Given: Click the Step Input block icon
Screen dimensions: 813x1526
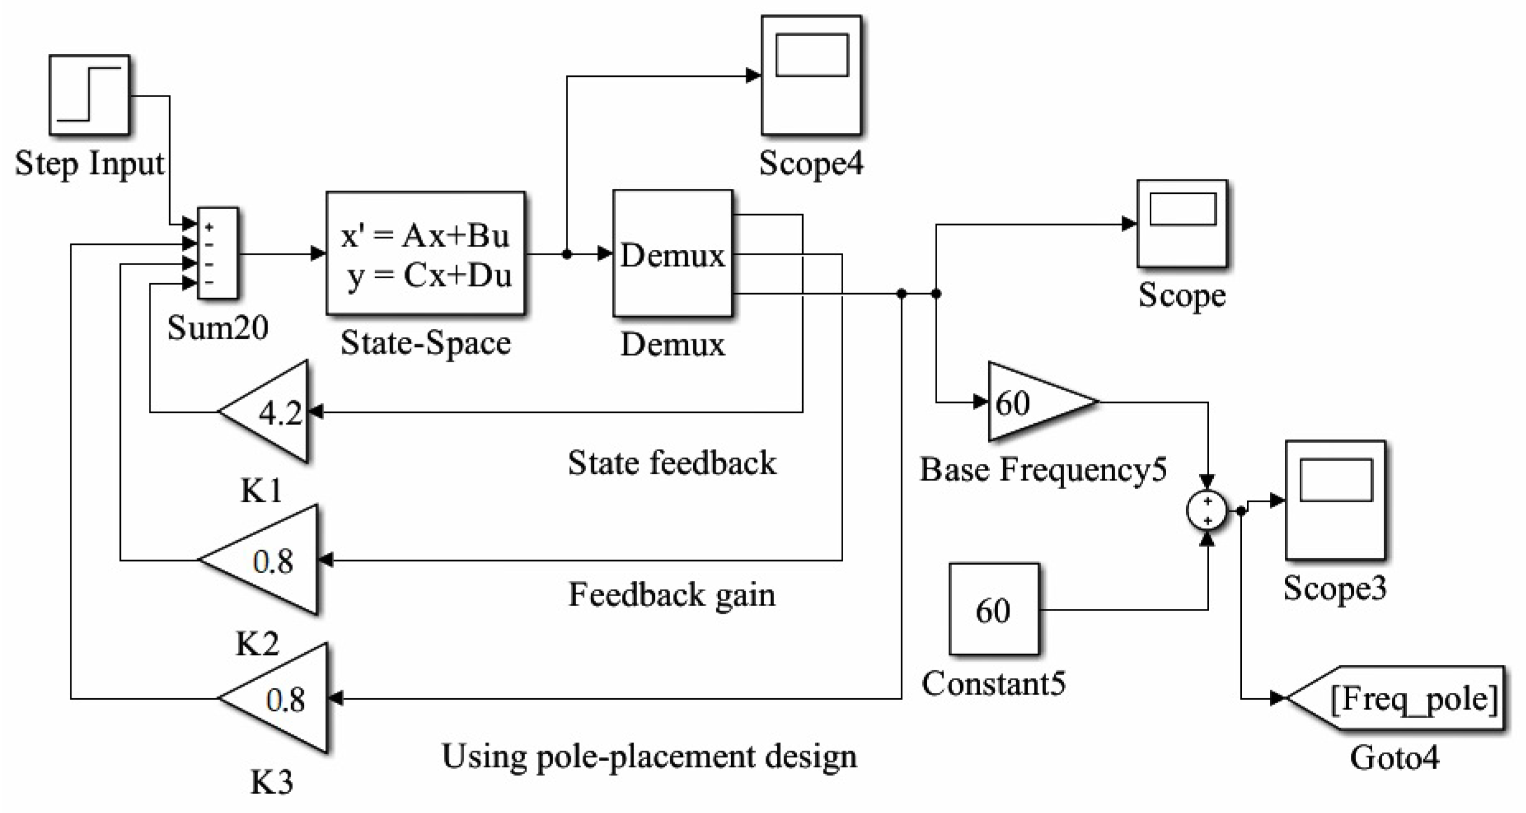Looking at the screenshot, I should [x=89, y=95].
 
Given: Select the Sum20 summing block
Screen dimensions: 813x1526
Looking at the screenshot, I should [x=218, y=254].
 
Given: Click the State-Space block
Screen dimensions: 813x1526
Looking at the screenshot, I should [x=425, y=254].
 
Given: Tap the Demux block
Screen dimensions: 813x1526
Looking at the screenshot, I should [x=672, y=254].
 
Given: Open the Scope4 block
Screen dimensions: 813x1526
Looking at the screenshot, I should [x=811, y=75].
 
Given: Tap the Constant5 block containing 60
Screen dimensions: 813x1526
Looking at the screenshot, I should [x=994, y=609].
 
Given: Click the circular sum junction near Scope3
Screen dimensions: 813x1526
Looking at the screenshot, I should [x=1207, y=510].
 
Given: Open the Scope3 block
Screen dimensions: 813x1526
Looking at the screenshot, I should [x=1335, y=500].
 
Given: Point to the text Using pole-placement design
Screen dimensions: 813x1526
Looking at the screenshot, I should [x=649, y=756].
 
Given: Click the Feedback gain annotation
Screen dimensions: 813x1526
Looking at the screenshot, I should [x=672, y=595].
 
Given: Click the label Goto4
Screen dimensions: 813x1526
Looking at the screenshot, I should [x=1394, y=758].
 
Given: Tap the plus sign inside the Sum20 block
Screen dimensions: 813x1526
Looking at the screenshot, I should [x=209, y=227].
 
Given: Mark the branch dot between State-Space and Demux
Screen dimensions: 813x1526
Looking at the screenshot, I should [x=567, y=254].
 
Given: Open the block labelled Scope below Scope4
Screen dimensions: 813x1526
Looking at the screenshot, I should [x=1182, y=224].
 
